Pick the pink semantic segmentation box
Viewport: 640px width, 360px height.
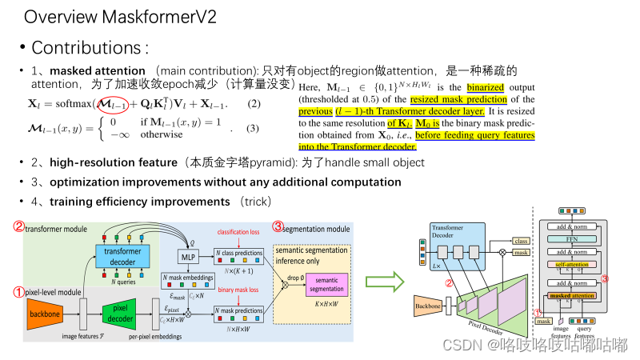pyautogui.click(x=326, y=284)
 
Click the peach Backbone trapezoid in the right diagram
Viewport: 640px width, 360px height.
pyautogui.click(x=429, y=304)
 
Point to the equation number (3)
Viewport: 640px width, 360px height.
pyautogui.click(x=253, y=129)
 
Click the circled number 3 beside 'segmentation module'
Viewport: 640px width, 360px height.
pyautogui.click(x=278, y=226)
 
